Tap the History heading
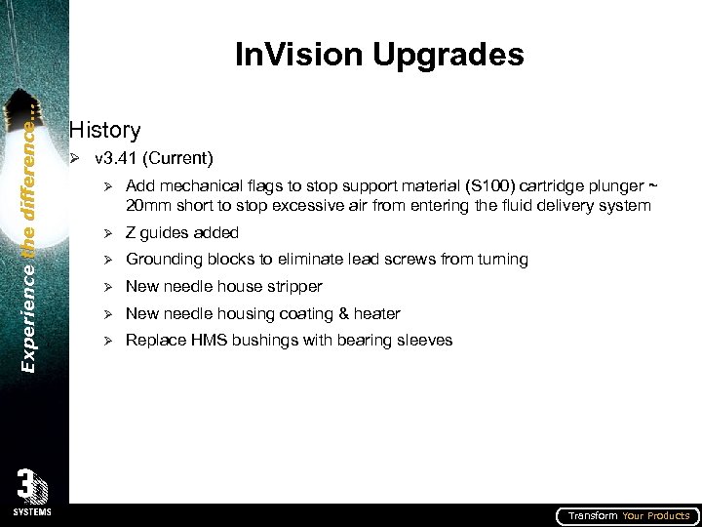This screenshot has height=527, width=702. click(105, 130)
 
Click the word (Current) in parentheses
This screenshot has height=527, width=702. click(180, 157)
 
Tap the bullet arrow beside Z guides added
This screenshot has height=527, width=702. click(110, 232)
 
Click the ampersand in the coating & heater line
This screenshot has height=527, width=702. click(338, 313)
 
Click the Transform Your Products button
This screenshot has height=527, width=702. click(628, 515)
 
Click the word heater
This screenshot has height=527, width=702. click(376, 313)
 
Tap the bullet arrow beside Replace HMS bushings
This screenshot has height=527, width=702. click(110, 341)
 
